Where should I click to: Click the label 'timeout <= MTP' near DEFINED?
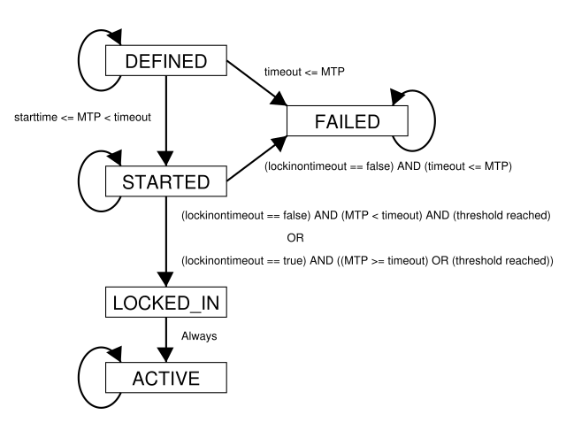coord(304,72)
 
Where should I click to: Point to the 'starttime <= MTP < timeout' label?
coord(82,117)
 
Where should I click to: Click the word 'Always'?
coord(199,336)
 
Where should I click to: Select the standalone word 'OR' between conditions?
coord(295,238)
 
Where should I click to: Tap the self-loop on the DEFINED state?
coord(79,60)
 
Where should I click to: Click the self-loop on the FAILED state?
coord(435,120)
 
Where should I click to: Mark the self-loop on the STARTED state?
coord(79,181)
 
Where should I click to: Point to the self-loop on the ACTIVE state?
coord(79,377)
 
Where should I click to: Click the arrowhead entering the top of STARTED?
coord(166,158)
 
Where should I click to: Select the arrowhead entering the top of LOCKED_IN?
coord(166,279)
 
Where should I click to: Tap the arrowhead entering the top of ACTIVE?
coord(166,355)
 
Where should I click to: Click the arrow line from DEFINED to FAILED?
coord(257,83)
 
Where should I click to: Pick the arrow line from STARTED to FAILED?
coord(257,158)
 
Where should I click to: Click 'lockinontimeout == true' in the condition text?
coord(243,261)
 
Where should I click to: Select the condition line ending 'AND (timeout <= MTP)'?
coord(388,166)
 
